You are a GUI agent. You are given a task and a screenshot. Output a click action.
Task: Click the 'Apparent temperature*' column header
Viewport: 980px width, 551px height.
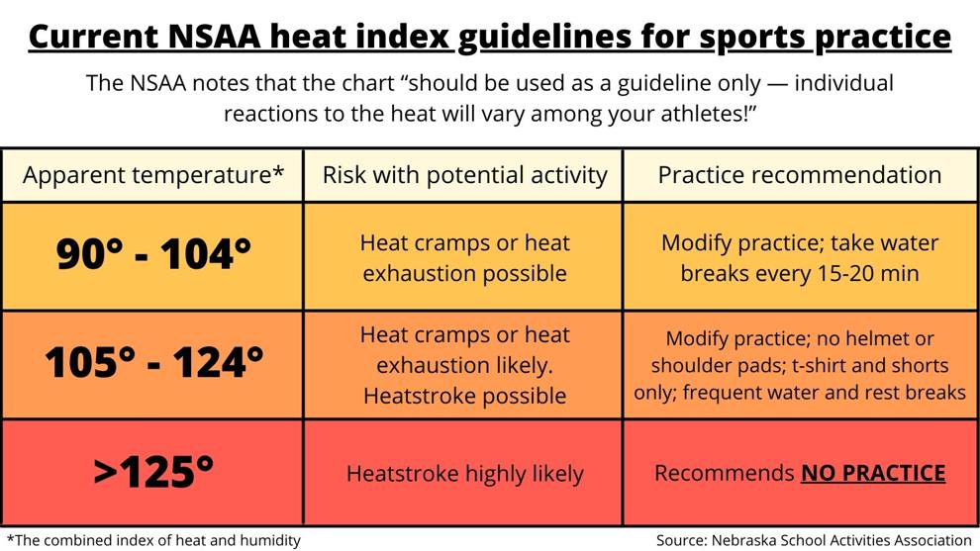153,175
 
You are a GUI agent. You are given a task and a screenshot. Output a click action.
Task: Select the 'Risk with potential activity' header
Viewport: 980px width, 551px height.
464,175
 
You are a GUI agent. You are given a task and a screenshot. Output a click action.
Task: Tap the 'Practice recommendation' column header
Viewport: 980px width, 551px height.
800,175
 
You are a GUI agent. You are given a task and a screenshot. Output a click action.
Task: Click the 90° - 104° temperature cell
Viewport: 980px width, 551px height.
153,254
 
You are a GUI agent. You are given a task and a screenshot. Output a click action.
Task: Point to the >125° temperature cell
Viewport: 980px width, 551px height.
153,472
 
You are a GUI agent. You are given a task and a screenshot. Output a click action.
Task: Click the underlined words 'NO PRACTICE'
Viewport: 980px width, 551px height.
873,473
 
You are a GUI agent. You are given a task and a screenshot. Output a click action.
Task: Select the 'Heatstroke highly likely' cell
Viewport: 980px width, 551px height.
464,474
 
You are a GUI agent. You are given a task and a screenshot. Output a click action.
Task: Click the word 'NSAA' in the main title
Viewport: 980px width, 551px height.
215,37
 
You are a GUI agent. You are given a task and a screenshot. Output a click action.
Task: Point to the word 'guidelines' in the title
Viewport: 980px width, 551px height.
544,38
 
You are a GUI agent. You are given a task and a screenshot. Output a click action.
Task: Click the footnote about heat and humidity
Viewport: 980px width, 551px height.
153,540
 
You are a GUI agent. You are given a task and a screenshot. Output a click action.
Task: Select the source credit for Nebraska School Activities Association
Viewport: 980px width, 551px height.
814,540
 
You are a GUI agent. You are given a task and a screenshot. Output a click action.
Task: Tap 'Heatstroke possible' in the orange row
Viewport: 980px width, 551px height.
464,396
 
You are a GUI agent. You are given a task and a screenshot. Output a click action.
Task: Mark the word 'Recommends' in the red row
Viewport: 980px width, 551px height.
724,473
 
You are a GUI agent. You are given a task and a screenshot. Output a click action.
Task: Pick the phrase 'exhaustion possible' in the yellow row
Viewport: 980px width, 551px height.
464,274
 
